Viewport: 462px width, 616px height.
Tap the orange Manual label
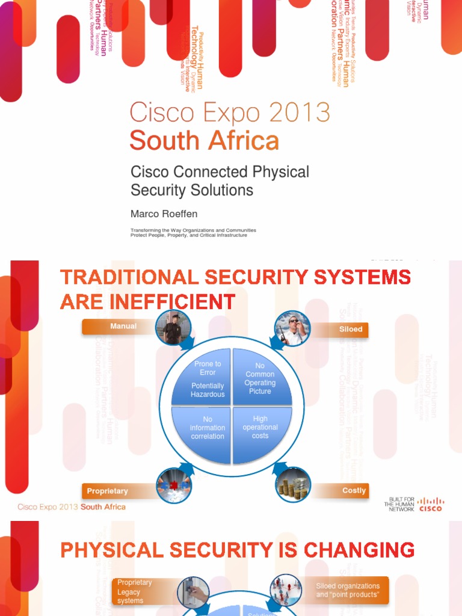pos(123,327)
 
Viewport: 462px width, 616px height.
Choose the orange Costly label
pos(354,490)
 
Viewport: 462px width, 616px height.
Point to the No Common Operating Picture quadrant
pos(261,377)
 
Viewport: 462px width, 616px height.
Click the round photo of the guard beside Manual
pos(173,328)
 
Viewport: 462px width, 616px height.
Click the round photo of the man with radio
pos(292,328)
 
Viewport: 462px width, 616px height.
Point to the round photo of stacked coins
pos(293,485)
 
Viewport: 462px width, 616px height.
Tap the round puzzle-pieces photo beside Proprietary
pos(174,485)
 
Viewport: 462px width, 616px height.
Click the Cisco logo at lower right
pos(430,504)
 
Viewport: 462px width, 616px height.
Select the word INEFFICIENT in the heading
pos(174,301)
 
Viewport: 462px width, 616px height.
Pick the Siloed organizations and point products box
pos(348,590)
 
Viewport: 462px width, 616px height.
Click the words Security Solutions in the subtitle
pos(192,190)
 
